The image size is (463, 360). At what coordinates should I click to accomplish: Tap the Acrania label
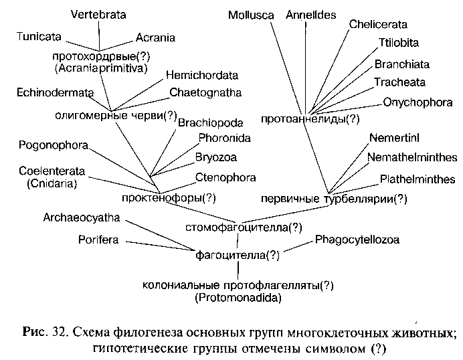pyautogui.click(x=155, y=37)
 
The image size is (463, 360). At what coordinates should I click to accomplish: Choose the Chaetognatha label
pyautogui.click(x=205, y=92)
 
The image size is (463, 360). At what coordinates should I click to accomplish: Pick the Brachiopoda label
pyautogui.click(x=210, y=123)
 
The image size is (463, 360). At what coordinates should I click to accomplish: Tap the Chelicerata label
pyautogui.click(x=378, y=25)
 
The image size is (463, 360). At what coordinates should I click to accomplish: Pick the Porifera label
pyautogui.click(x=98, y=239)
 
